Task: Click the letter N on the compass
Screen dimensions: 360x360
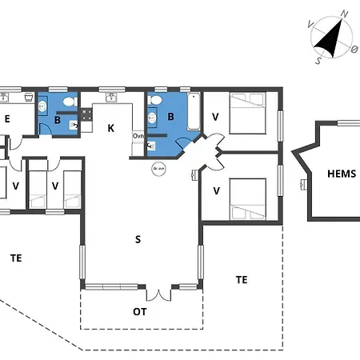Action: pyautogui.click(x=345, y=14)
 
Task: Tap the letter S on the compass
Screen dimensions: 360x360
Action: pyautogui.click(x=318, y=59)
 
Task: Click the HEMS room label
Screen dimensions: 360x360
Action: pyautogui.click(x=342, y=174)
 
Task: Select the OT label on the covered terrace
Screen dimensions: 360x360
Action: pyautogui.click(x=139, y=310)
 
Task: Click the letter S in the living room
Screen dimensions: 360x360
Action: pyautogui.click(x=138, y=238)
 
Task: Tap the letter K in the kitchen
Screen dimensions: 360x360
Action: pyautogui.click(x=111, y=128)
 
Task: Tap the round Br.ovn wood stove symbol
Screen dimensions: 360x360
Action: pyautogui.click(x=158, y=169)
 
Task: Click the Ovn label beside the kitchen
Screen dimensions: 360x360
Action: pyautogui.click(x=138, y=136)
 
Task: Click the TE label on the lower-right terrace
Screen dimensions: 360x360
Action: pyautogui.click(x=242, y=279)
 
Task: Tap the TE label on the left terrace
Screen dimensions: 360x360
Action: pyautogui.click(x=16, y=257)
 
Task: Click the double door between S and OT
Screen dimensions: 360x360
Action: pyautogui.click(x=160, y=293)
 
